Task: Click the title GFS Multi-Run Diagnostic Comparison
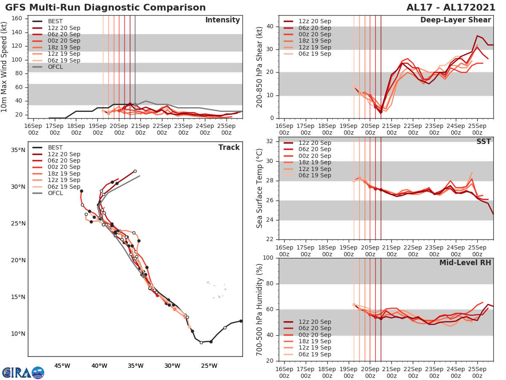[105, 8]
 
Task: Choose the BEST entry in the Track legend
[55, 147]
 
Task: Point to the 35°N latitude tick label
[18, 150]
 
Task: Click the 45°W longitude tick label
[62, 366]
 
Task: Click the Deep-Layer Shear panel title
[455, 20]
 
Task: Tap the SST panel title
[483, 141]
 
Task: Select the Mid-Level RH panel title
[465, 263]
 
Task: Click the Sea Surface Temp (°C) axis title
[260, 188]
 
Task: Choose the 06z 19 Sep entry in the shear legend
[315, 54]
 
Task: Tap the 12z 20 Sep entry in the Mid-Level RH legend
[315, 322]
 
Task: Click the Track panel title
[229, 147]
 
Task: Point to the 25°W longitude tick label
[209, 366]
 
